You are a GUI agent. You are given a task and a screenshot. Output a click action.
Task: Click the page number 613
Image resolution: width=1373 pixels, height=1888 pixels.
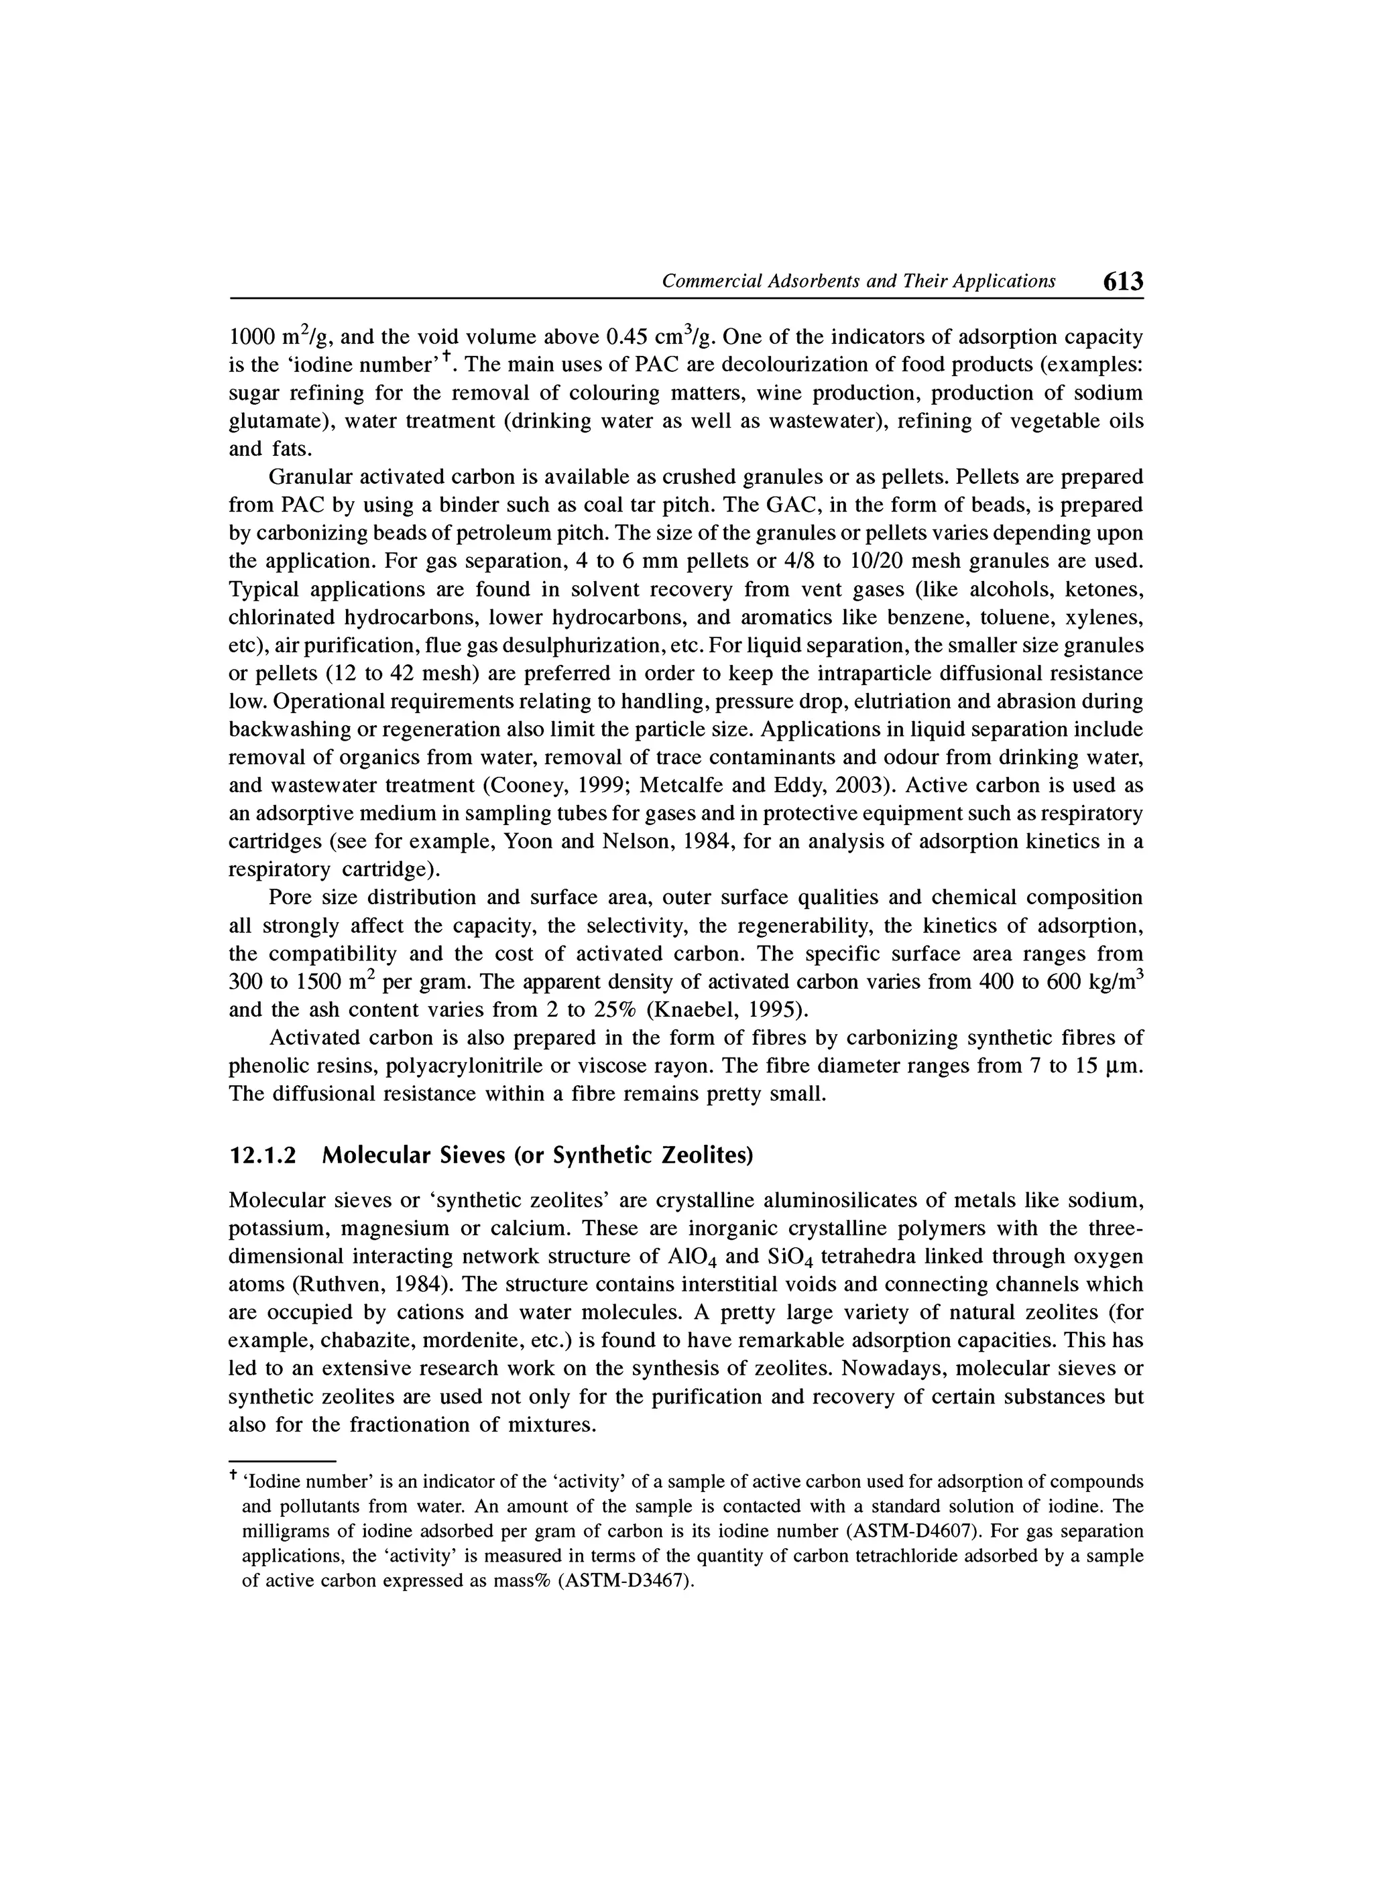click(1123, 281)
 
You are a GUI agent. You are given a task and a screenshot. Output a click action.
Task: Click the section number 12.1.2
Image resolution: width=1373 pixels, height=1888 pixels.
click(262, 1156)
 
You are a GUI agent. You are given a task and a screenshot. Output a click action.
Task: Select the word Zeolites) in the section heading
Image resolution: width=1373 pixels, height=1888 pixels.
click(706, 1156)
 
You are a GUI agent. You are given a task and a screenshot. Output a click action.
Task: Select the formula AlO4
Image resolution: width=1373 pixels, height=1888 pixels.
click(692, 1257)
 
